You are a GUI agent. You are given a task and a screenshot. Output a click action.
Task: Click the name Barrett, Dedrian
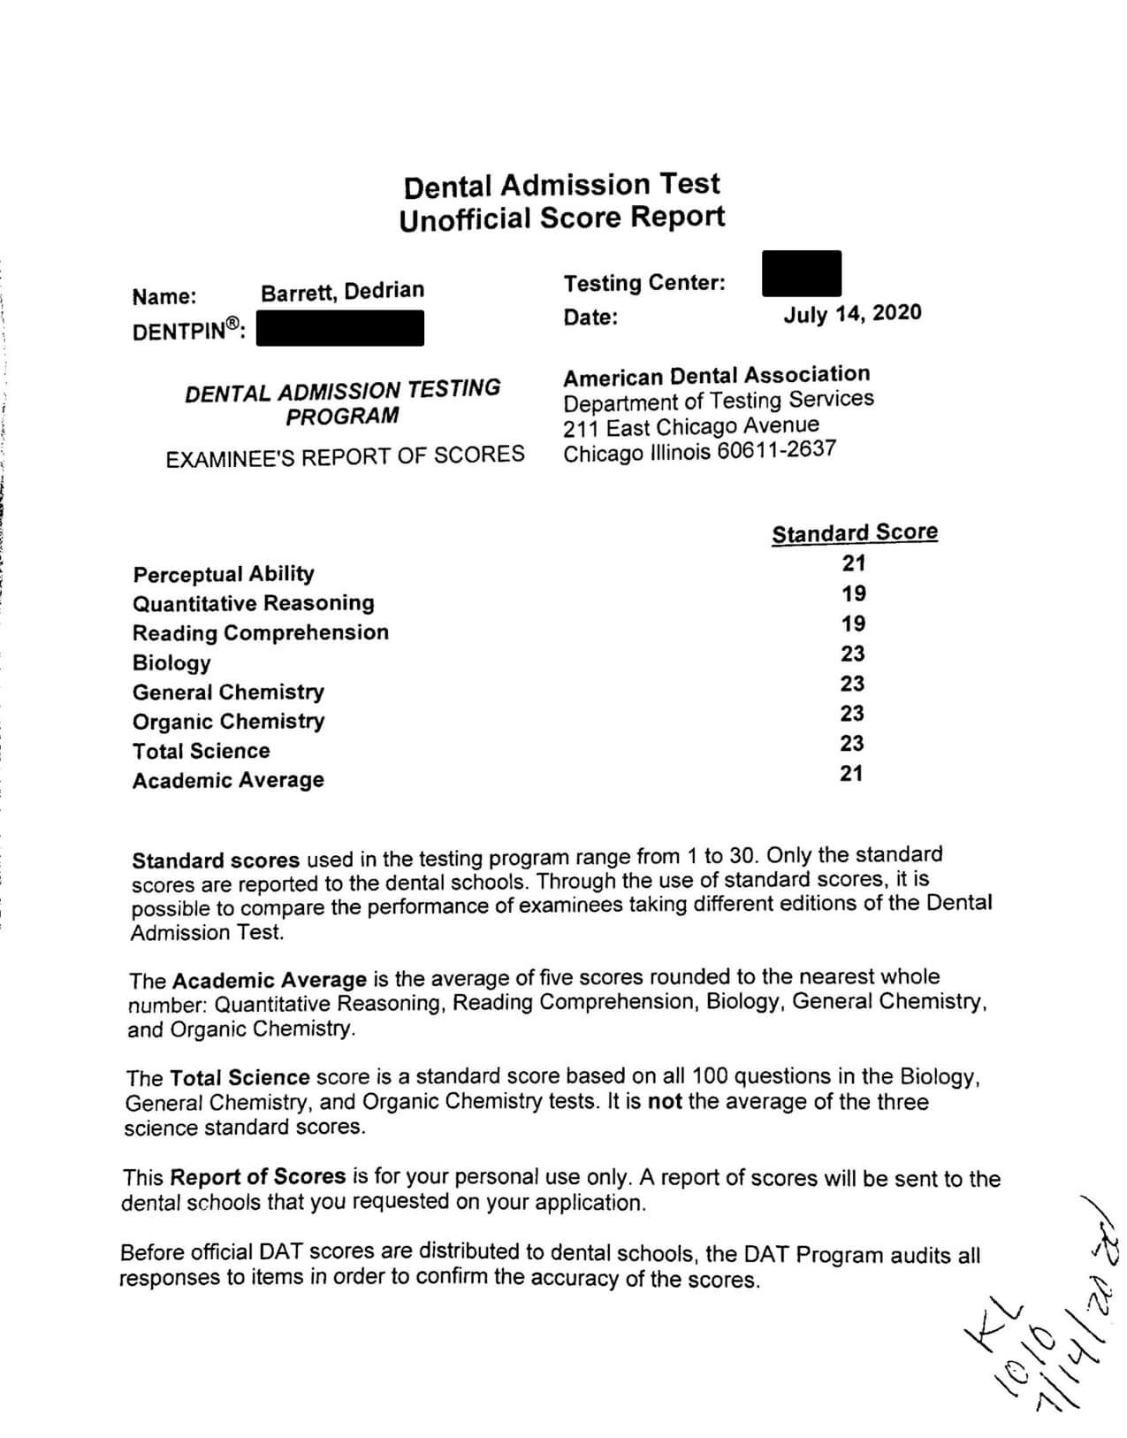pos(342,291)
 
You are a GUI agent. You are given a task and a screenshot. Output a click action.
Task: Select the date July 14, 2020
pos(852,314)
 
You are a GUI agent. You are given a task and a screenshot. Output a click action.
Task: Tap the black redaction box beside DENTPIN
pos(339,328)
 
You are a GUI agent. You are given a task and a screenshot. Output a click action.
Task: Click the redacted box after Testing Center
pos(801,273)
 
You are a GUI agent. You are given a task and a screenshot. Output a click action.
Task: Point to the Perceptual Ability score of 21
pos(854,563)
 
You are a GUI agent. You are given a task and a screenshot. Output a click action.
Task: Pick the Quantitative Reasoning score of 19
pos(854,593)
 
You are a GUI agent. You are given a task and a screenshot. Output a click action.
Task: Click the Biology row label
pos(171,662)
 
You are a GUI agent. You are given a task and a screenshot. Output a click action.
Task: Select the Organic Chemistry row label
pos(228,722)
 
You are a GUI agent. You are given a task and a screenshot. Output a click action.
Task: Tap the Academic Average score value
pos(852,774)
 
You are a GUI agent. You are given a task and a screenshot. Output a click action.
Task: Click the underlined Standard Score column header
pos(854,533)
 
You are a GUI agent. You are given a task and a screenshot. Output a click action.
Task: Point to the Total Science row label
pos(201,751)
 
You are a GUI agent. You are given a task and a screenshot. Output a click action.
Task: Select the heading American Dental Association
pos(716,376)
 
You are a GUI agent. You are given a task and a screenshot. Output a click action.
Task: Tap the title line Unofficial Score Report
pos(561,218)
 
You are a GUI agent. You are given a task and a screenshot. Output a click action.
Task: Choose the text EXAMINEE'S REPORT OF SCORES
pos(345,455)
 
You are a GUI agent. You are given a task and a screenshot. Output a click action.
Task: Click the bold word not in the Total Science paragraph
pos(665,1103)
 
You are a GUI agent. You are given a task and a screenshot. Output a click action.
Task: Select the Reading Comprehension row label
pos(260,633)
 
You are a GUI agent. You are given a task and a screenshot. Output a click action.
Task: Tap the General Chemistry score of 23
pos(852,684)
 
